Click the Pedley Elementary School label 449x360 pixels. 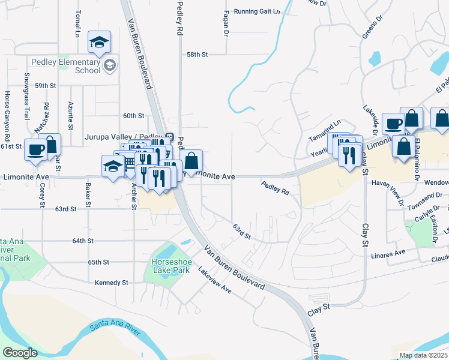tap(66, 66)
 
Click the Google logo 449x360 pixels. tap(20, 353)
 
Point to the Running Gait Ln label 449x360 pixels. tap(257, 11)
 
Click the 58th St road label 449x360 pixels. tap(196, 55)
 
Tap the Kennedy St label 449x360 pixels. tap(112, 283)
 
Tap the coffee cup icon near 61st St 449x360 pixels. tap(35, 149)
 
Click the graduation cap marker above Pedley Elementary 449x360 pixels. tap(99, 41)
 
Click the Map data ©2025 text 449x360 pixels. tap(423, 355)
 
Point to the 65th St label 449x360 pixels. tap(98, 262)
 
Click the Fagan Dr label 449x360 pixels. tap(226, 23)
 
